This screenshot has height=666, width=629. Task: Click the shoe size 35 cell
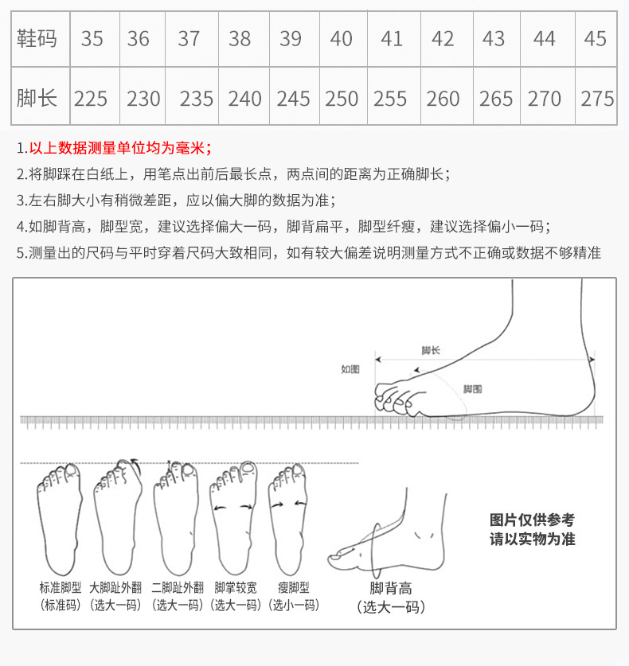[x=92, y=38]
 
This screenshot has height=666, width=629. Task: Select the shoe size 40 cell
[x=341, y=38]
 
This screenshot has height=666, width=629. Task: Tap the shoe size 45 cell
[x=595, y=38]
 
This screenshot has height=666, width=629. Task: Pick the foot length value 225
[x=91, y=99]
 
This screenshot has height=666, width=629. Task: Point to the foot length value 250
[x=342, y=99]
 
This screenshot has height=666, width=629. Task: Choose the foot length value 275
[x=597, y=99]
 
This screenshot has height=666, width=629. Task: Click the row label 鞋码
[x=37, y=38]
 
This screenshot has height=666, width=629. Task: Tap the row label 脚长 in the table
[x=37, y=99]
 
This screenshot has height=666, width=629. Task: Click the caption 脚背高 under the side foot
[x=390, y=589]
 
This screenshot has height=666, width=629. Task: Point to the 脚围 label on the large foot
[x=472, y=389]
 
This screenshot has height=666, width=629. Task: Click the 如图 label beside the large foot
[x=350, y=369]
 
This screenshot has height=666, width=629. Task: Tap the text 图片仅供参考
[x=531, y=520]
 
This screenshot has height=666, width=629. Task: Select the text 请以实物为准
[x=531, y=539]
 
